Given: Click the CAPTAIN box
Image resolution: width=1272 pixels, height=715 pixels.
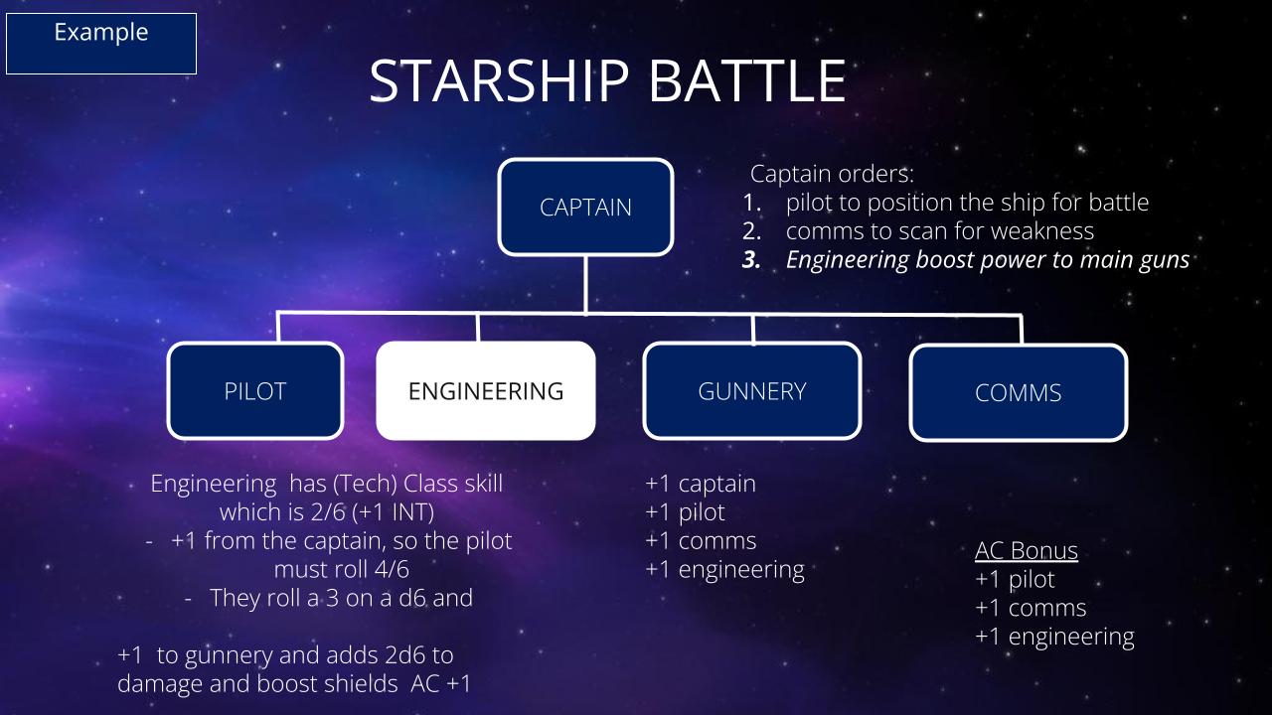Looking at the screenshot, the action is point(585,208).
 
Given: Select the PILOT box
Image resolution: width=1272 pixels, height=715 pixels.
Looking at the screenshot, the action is point(255,391).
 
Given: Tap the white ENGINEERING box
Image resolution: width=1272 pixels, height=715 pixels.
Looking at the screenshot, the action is point(486,391).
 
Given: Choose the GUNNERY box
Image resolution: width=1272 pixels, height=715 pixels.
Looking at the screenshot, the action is point(752,391).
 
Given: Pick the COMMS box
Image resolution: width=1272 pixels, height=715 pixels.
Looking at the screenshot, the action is point(1019,392).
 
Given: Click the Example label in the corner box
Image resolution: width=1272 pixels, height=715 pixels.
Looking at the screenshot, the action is point(101,32).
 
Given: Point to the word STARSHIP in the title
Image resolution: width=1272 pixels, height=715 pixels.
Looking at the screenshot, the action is point(499,81).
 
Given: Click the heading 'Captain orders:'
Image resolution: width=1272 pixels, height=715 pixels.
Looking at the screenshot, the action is point(832,174).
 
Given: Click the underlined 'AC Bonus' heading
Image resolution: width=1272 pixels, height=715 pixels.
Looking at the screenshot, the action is point(1027,550).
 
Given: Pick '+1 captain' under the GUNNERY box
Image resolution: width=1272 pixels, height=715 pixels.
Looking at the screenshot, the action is point(701,484).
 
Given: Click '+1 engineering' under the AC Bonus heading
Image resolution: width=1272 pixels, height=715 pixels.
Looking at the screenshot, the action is point(1054,637).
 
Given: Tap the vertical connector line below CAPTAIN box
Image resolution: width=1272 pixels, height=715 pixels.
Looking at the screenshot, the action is point(585,284).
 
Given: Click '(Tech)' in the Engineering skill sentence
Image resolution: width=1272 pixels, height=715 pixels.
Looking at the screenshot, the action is point(365,484).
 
